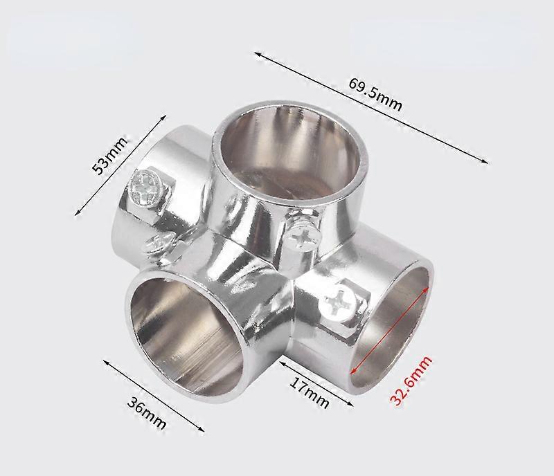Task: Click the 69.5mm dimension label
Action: [375, 95]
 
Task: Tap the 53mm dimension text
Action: [110, 158]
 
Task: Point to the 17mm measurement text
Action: [308, 391]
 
